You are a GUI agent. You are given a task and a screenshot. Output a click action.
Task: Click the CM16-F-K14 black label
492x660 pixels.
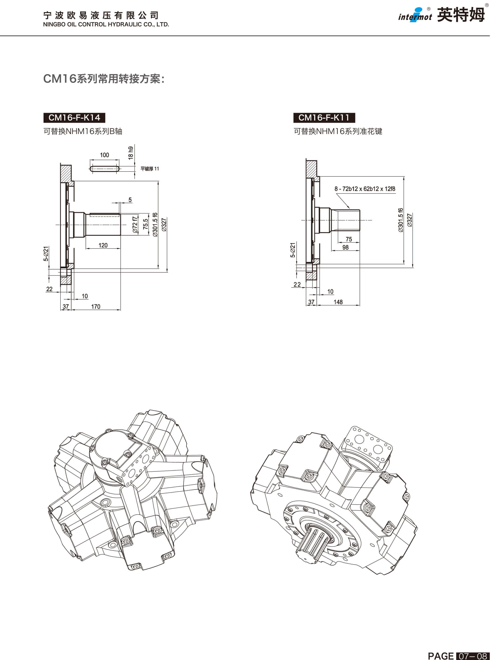(74, 118)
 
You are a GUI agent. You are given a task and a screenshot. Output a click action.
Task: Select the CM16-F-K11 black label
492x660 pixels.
(324, 118)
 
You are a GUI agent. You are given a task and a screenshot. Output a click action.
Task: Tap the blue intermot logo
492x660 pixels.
(415, 15)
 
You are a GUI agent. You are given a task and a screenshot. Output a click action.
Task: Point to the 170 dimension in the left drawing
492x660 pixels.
(96, 307)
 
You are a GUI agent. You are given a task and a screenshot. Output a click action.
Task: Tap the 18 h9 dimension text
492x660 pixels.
(131, 153)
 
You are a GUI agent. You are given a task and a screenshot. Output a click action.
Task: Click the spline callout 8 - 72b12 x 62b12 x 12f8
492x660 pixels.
(365, 189)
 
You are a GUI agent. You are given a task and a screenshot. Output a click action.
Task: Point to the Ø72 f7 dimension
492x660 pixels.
(135, 225)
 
